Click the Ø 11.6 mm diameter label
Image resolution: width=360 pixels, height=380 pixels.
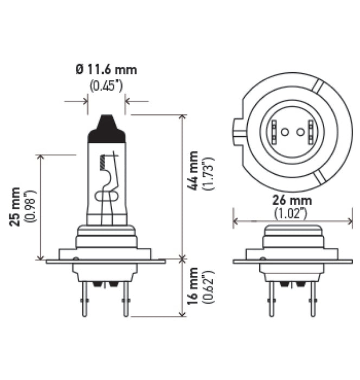pyautogui.click(x=106, y=69)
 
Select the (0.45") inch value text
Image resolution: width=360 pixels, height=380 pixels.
pyautogui.click(x=106, y=85)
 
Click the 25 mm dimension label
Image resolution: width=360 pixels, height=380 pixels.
pyautogui.click(x=16, y=206)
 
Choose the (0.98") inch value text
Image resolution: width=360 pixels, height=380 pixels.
pyautogui.click(x=31, y=206)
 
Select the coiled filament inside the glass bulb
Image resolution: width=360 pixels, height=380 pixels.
pyautogui.click(x=102, y=162)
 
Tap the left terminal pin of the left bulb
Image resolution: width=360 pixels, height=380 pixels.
pyautogui.click(x=86, y=302)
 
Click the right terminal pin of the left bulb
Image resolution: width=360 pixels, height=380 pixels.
pyautogui.click(x=126, y=302)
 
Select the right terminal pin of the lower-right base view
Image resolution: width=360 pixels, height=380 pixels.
pyautogui.click(x=312, y=302)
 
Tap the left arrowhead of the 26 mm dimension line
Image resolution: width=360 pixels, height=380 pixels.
pyautogui.click(x=235, y=221)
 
